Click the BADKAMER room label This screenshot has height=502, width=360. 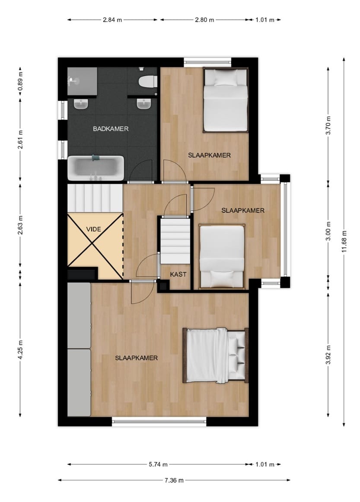[x=111, y=128]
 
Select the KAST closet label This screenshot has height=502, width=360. [x=178, y=274]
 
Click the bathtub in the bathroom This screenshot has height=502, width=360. [x=96, y=168]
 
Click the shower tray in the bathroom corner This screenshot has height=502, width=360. [x=82, y=81]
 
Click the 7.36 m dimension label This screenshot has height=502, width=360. [x=174, y=480]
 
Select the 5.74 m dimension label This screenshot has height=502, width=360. [x=158, y=464]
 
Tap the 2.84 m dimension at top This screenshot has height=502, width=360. [x=112, y=19]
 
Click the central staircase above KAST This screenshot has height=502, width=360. [x=175, y=240]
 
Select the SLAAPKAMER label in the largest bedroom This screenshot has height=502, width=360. [x=136, y=358]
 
